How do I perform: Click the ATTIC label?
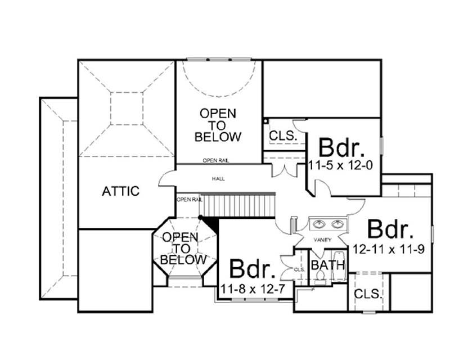(120, 191)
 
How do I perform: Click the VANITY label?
(322, 240)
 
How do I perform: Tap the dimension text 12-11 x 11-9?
(388, 248)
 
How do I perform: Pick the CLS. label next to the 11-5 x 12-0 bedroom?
(280, 136)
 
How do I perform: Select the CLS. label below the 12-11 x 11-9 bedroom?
(368, 294)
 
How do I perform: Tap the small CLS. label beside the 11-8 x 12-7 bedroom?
(299, 270)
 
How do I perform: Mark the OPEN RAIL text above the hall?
(216, 161)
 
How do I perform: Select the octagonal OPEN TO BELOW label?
(182, 249)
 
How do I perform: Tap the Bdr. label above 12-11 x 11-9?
(390, 229)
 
